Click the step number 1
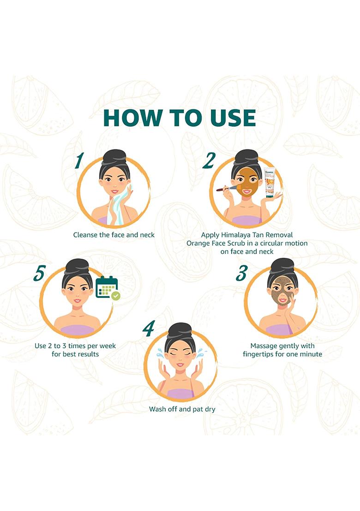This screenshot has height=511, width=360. pyautogui.click(x=79, y=160)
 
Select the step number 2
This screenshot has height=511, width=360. pyautogui.click(x=209, y=160)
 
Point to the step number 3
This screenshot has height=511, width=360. pyautogui.click(x=242, y=273)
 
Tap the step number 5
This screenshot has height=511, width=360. pyautogui.click(x=39, y=273)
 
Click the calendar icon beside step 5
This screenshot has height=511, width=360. pyautogui.click(x=107, y=287)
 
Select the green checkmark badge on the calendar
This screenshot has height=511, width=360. pyautogui.click(x=115, y=296)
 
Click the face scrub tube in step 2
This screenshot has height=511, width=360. pyautogui.click(x=270, y=183)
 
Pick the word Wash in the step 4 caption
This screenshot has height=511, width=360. pyautogui.click(x=157, y=409)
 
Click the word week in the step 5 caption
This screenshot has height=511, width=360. pyautogui.click(x=108, y=346)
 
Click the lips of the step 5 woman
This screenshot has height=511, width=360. pyautogui.click(x=77, y=301)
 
